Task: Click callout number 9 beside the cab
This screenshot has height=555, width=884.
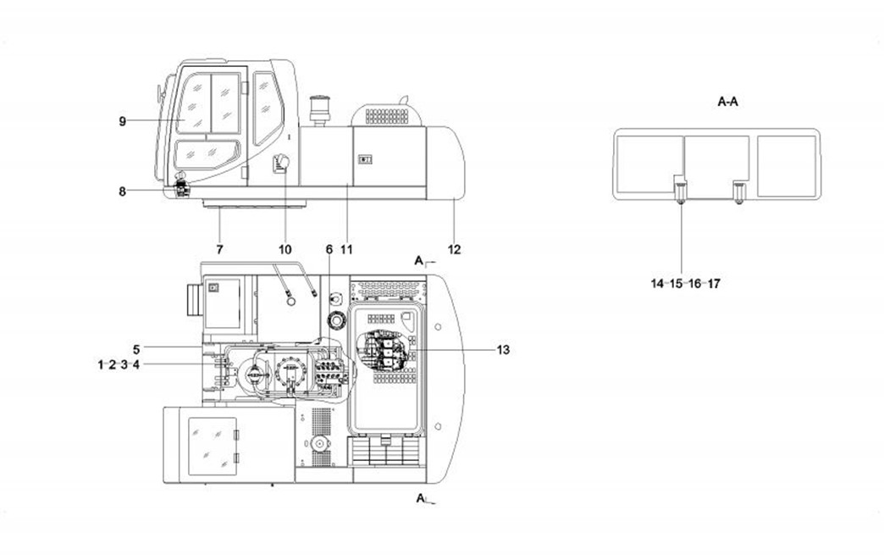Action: pos(122,120)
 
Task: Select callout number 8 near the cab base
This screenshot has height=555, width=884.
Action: pos(122,191)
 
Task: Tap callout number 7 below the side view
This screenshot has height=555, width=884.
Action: pos(220,249)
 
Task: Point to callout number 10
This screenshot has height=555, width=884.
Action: pos(285,249)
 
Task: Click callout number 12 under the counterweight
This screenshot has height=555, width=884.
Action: pos(455,249)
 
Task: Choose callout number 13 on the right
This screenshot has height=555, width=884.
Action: pos(503,350)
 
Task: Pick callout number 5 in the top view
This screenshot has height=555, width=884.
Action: pos(136,350)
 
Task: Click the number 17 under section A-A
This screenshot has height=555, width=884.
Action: pos(714,284)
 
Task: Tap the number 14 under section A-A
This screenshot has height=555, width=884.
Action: pos(657,284)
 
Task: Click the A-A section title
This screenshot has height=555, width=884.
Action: pos(728,102)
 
